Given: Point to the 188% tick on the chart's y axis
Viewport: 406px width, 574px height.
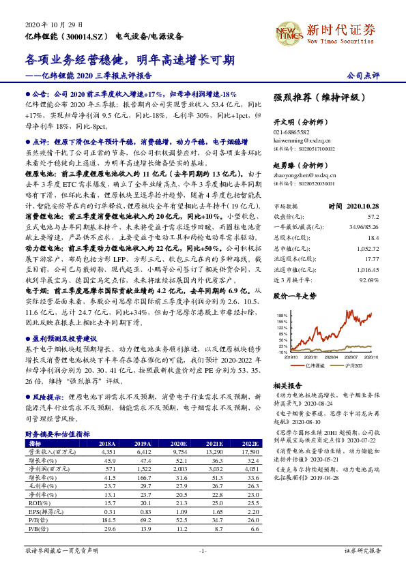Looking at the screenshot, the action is coord(281,316).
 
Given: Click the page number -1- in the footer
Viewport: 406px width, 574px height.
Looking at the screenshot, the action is coord(203,549).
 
